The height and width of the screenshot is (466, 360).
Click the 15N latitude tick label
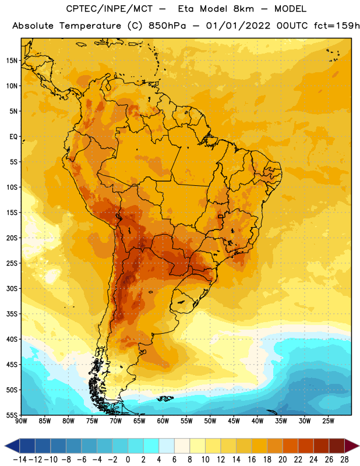point(12,61)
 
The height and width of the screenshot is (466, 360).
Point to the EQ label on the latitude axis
point(13,137)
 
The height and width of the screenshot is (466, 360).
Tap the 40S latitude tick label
point(12,339)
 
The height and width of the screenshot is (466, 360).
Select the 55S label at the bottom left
point(12,415)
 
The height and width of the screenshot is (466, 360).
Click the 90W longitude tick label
point(21,421)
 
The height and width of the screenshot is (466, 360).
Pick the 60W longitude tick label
point(163,421)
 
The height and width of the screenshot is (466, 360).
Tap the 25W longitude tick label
point(328,421)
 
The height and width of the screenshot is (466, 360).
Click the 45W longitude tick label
point(234,421)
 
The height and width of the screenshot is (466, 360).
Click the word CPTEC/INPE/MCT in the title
point(110,9)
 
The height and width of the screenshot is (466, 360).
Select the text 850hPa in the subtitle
point(167,26)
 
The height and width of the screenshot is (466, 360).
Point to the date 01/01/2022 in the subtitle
point(238,26)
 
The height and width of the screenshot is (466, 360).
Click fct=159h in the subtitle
point(337,26)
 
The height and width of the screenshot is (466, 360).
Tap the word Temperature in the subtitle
point(90,26)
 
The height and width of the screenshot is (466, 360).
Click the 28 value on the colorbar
point(344,460)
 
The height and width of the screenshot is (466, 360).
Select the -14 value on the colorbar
point(20,460)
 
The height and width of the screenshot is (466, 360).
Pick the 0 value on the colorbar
point(128,460)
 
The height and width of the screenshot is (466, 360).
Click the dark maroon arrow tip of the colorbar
point(352,446)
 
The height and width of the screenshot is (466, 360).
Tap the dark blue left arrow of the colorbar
point(12,446)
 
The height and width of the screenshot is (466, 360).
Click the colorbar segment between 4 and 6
point(167,446)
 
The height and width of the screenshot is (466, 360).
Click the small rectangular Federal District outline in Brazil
point(220,216)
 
